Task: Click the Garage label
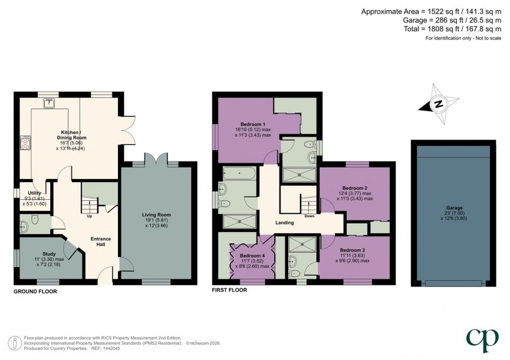(x=454, y=207)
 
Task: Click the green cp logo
(x=482, y=339)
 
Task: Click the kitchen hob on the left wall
(x=26, y=142)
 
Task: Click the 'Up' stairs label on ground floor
(x=90, y=215)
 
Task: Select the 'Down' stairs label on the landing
(x=310, y=216)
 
